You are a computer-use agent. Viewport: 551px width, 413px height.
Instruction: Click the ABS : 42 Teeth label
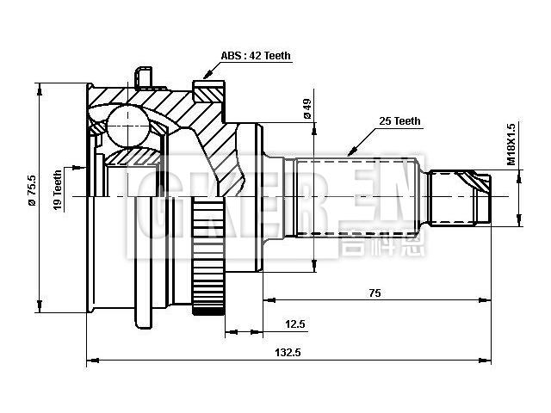(256, 56)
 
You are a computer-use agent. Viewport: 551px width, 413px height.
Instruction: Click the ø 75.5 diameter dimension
(32, 191)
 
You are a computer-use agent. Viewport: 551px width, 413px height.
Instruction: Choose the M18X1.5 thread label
(511, 144)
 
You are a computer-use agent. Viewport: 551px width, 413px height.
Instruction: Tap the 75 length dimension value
(375, 293)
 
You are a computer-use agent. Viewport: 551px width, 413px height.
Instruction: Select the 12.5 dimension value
(295, 324)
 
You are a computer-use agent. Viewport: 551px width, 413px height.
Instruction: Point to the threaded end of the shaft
(461, 198)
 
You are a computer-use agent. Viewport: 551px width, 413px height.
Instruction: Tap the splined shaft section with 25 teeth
(356, 197)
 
